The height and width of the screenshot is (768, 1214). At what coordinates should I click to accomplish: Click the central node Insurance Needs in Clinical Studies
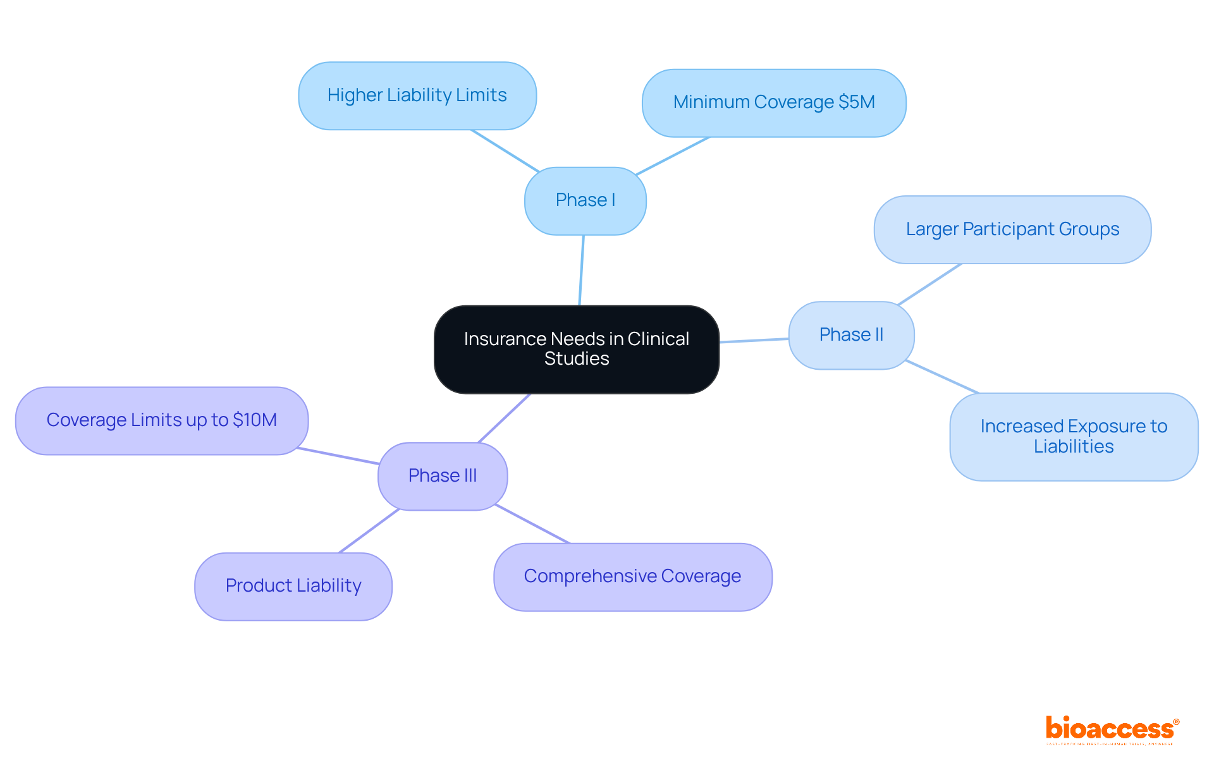576,349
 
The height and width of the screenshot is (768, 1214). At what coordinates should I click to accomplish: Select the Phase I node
585,200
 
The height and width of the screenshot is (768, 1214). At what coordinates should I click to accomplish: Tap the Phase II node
851,335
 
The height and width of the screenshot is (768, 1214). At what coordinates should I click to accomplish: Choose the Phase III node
443,476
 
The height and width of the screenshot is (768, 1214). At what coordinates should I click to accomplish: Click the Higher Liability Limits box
417,95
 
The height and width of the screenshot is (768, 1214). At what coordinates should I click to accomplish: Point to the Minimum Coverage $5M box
773,102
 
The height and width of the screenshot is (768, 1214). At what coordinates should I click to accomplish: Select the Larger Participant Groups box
1012,229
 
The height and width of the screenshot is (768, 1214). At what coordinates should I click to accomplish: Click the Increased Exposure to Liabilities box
1074,436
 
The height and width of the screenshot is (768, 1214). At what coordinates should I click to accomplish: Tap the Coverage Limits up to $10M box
161,420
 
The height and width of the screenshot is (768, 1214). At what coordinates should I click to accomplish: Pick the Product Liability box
293,586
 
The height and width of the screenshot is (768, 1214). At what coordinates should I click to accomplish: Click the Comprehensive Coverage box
632,576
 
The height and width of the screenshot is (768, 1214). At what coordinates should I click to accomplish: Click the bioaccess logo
1111,729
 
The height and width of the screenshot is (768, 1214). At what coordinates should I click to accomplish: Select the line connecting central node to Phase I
582,270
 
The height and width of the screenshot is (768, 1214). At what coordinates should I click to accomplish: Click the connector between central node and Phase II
754,341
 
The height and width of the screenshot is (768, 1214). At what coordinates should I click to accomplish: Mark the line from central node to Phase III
504,418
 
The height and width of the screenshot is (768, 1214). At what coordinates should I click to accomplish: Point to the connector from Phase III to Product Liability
369,531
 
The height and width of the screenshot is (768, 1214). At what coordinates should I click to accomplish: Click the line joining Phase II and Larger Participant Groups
929,284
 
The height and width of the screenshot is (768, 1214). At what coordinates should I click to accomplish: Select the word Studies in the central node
576,359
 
